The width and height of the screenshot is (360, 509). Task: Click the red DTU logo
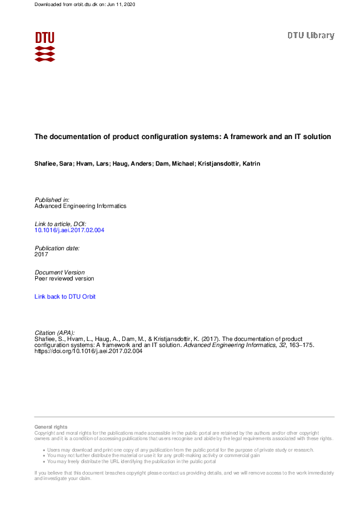tap(45, 47)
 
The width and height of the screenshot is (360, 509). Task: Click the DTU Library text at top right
tap(310, 36)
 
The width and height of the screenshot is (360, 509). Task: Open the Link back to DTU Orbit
tap(65, 297)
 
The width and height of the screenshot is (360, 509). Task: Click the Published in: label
tap(52, 199)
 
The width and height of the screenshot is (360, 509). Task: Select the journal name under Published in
tap(80, 206)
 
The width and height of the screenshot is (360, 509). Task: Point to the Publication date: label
tap(57, 248)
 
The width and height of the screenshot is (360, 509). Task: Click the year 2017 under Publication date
tap(41, 254)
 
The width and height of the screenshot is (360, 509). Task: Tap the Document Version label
tap(60, 272)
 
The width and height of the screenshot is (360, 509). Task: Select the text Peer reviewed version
tap(64, 279)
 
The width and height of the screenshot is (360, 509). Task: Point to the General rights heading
tap(51, 427)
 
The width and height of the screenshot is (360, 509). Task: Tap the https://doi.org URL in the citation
tap(88, 352)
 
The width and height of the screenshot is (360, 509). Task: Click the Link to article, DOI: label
tap(61, 224)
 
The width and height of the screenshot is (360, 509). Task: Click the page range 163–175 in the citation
tap(299, 346)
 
